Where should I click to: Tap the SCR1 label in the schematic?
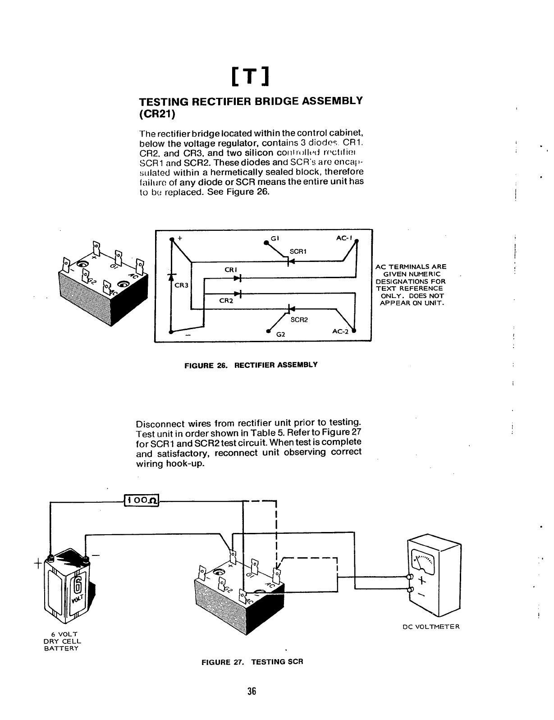tap(298, 251)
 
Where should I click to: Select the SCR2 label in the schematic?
tap(299, 320)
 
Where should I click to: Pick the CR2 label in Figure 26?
tap(225, 301)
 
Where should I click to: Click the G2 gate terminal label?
tap(280, 335)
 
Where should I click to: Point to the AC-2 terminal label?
tap(340, 331)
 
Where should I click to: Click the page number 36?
tap(252, 691)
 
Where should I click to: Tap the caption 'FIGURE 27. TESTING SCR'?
tap(252, 662)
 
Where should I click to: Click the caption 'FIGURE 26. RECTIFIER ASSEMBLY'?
tap(251, 364)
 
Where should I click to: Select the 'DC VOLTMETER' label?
tap(430, 627)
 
